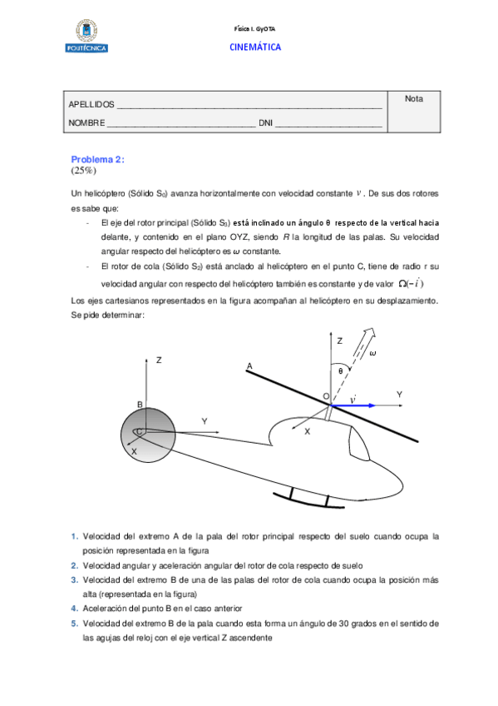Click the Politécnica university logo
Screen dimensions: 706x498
click(x=85, y=37)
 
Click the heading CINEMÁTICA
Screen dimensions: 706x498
click(x=255, y=47)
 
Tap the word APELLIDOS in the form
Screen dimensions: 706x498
click(x=91, y=105)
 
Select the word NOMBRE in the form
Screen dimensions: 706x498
click(x=86, y=123)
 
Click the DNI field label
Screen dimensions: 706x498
click(x=265, y=123)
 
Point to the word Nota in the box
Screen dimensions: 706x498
click(x=413, y=99)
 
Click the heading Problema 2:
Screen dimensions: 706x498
click(x=97, y=159)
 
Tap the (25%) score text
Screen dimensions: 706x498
click(x=84, y=170)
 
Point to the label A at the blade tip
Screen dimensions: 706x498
click(x=249, y=365)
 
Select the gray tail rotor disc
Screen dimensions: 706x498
click(x=147, y=433)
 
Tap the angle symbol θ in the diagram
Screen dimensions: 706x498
click(x=341, y=371)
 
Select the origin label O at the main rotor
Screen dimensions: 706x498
click(x=326, y=397)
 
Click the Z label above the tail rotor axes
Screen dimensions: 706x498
click(x=158, y=360)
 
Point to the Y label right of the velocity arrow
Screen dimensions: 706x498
click(x=399, y=394)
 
